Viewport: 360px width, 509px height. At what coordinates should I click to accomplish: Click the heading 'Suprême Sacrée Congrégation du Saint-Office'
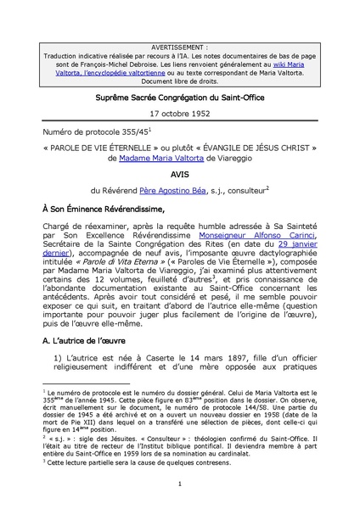[180, 98]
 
